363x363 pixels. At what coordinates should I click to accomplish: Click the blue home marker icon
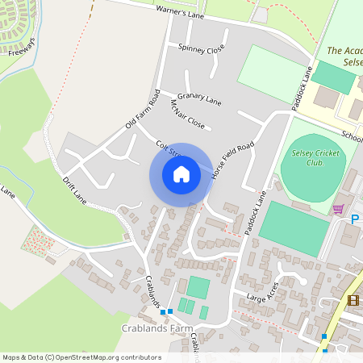click(181, 174)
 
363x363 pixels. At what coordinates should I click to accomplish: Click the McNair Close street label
click(187, 115)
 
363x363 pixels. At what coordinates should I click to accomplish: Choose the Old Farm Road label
click(144, 109)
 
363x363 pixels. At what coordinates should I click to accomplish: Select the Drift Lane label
click(74, 187)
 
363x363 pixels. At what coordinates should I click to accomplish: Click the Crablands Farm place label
click(157, 329)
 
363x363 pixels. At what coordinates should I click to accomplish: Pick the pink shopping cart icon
click(338, 209)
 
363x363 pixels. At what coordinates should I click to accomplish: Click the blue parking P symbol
click(356, 219)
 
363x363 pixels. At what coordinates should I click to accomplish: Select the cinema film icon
click(353, 300)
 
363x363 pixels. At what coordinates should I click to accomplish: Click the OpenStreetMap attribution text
click(81, 357)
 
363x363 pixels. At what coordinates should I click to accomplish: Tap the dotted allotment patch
click(36, 240)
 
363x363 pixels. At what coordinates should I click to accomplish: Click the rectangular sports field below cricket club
click(294, 229)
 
